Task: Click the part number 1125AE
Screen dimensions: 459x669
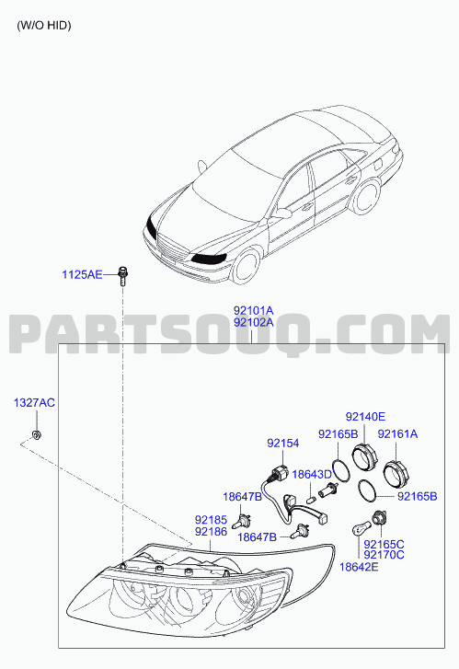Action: (x=82, y=274)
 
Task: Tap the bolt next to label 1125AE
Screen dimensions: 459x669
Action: (x=123, y=276)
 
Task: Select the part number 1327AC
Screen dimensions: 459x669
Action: (x=34, y=403)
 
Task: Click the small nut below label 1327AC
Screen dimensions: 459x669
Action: (x=37, y=435)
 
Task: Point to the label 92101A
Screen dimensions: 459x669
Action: (x=253, y=311)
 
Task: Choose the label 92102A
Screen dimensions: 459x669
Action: (x=253, y=323)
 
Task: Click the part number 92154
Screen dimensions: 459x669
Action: (x=282, y=444)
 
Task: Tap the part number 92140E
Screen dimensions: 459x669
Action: (x=365, y=417)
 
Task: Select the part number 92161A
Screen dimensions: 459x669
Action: (x=397, y=434)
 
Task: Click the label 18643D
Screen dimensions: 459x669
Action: (x=312, y=475)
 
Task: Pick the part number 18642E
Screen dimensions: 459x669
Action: (x=359, y=567)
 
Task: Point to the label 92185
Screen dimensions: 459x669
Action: (x=211, y=520)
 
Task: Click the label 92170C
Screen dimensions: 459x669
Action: (x=384, y=555)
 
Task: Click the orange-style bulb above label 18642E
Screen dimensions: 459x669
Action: (x=360, y=530)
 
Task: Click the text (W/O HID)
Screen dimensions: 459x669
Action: (x=44, y=26)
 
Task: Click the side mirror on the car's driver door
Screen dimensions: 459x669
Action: (x=281, y=213)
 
